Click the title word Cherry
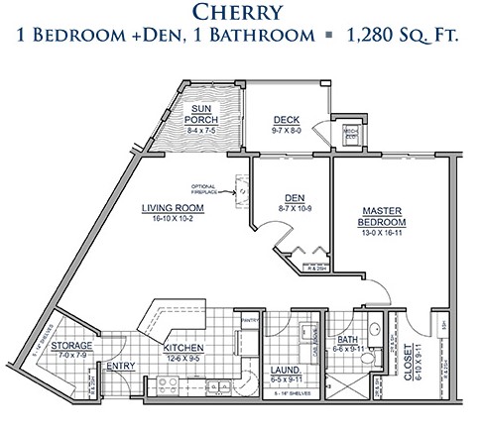tap(240, 13)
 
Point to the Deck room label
tap(286, 119)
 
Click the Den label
tap(293, 196)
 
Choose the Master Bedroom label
tap(381, 216)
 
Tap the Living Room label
tap(175, 208)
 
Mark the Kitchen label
tap(185, 348)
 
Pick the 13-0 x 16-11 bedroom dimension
tap(381, 235)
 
